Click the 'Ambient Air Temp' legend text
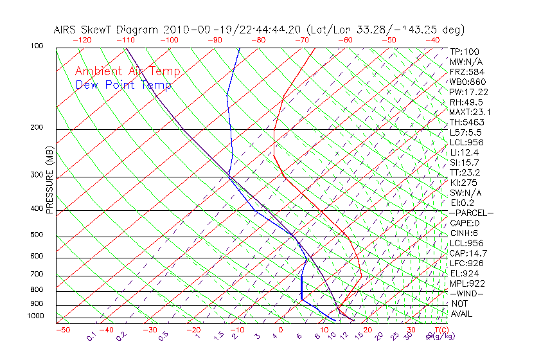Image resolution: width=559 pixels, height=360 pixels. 127,71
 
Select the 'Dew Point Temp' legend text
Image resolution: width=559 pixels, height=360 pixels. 123,85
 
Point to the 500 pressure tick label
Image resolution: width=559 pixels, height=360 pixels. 37,235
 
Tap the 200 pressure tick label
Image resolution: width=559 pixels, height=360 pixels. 37,128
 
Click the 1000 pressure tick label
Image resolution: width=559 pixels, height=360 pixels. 35,316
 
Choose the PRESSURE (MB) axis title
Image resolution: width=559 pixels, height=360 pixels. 49,179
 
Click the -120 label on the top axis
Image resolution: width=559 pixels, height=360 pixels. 82,40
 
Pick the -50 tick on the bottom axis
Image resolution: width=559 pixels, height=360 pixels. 62,330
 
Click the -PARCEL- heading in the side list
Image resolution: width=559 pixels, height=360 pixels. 471,213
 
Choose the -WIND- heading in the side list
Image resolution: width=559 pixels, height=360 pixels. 467,293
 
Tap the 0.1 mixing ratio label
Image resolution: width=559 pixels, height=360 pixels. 92,337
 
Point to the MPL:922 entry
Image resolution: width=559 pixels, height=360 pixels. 467,283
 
